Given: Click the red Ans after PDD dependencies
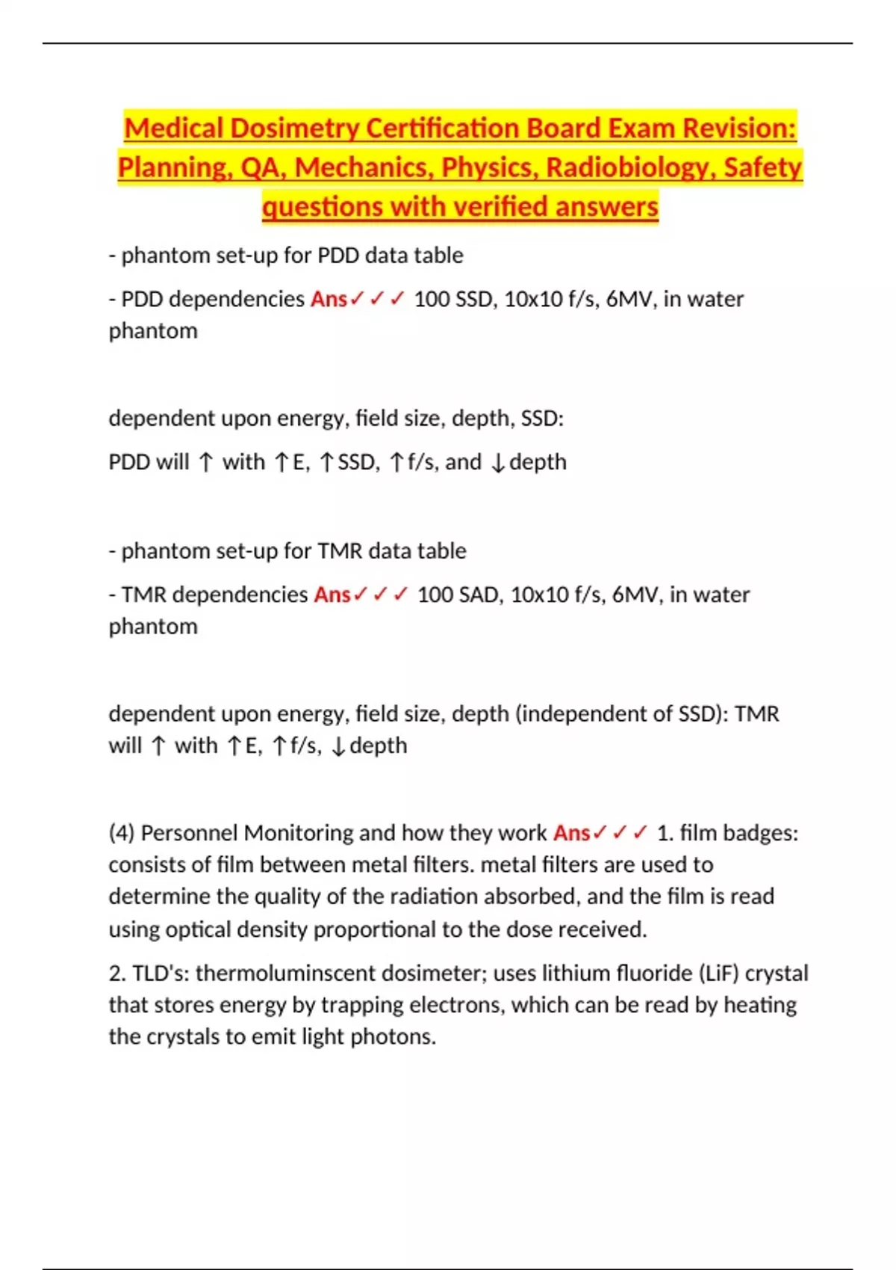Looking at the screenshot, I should click(329, 299).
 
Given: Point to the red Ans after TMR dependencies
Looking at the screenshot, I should click(332, 595).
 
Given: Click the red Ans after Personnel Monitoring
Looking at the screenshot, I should click(571, 833).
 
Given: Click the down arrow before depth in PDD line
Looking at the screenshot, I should click(498, 463).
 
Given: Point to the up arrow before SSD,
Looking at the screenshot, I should click(327, 463).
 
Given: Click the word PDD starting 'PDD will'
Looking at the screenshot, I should click(128, 462).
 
